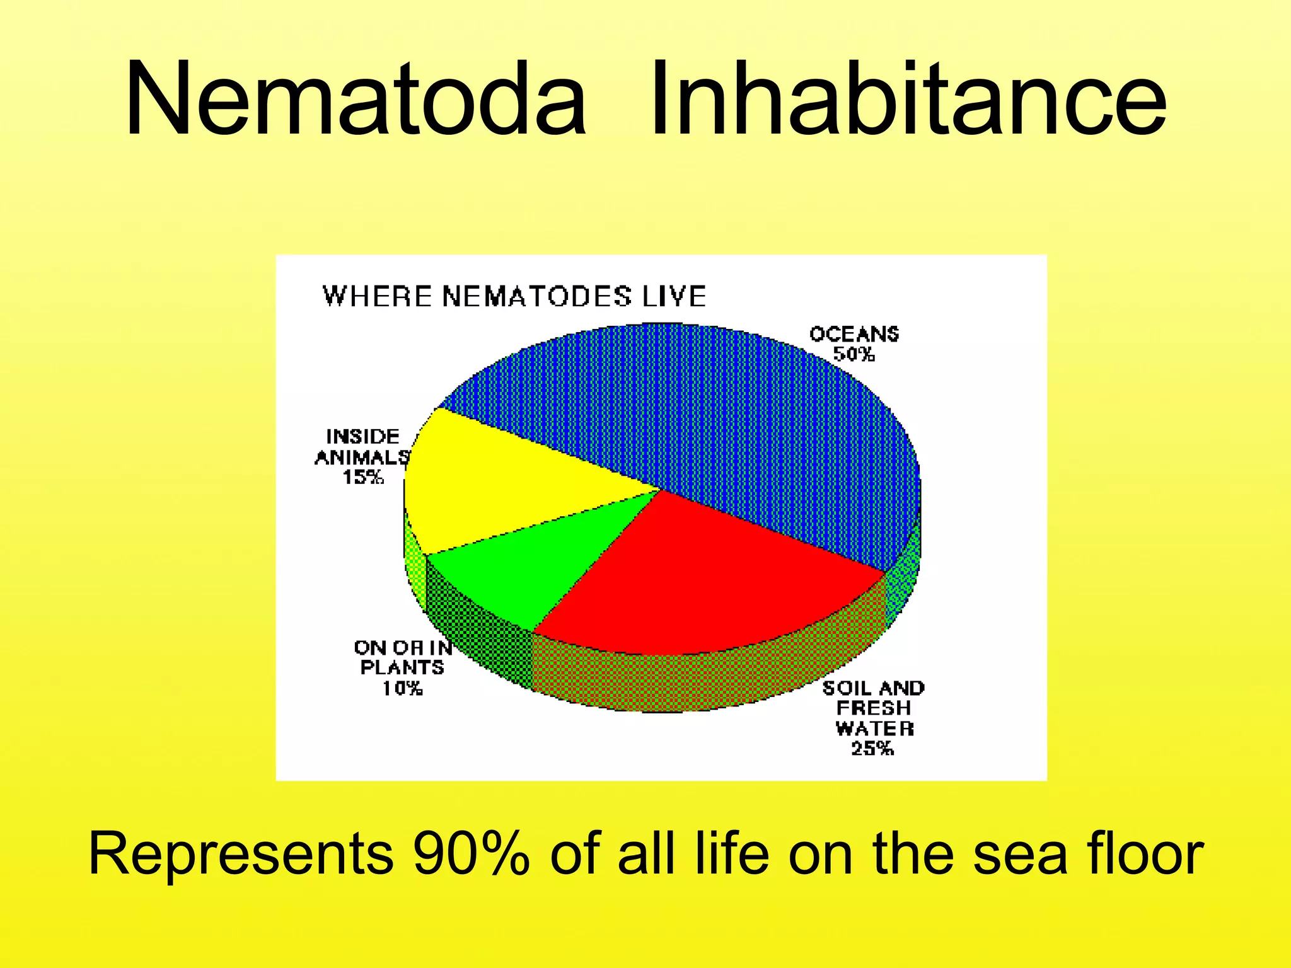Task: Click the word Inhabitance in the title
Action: [907, 99]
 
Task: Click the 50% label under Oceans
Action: [854, 355]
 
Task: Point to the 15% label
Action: [363, 477]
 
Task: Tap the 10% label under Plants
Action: [402, 688]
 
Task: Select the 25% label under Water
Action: [872, 749]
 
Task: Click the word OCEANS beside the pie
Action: [854, 334]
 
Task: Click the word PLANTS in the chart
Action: [402, 667]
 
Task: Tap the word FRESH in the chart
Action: [874, 708]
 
